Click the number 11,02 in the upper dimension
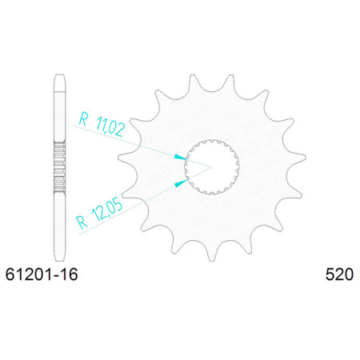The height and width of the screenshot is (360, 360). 110,126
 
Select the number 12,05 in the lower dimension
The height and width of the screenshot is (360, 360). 106,210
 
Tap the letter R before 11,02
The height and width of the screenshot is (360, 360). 83,119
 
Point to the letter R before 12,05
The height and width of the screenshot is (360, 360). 82,222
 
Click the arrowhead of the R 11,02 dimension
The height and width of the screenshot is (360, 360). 180,158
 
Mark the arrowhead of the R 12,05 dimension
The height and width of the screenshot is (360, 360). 181,183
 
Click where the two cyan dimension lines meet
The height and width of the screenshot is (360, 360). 211,167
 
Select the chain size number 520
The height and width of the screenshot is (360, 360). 339,274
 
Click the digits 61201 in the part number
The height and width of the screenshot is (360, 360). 29,274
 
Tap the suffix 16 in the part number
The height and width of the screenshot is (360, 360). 69,274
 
